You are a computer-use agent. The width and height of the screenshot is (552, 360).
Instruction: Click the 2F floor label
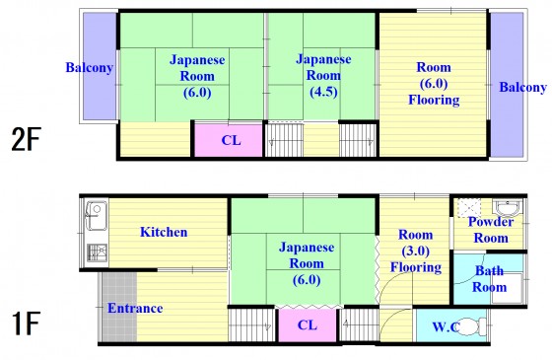[x=27, y=139]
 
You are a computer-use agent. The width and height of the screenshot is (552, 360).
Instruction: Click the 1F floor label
[x=26, y=324]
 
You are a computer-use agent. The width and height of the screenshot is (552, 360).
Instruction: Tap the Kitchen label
[x=164, y=232]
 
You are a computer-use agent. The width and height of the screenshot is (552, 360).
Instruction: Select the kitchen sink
[x=97, y=216]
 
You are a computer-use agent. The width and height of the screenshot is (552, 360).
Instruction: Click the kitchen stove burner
[x=97, y=252]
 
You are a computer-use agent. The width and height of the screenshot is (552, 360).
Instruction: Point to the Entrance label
[x=135, y=308]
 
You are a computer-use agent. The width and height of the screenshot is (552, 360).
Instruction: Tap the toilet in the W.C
[x=472, y=326]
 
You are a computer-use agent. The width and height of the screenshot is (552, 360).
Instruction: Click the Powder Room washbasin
[x=507, y=207]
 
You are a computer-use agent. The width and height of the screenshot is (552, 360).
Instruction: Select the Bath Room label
[x=489, y=279]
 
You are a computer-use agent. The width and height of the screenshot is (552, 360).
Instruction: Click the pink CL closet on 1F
[x=308, y=325]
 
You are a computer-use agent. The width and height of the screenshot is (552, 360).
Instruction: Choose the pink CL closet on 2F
[x=229, y=140]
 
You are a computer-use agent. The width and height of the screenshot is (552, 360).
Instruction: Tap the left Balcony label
[x=90, y=67]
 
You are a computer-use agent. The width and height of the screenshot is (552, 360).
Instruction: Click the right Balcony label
[x=523, y=87]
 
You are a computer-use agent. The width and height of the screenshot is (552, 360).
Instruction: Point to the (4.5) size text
[x=323, y=92]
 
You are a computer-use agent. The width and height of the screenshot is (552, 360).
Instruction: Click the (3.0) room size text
[x=415, y=252]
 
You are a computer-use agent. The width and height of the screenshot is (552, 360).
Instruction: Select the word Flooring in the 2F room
[x=434, y=100]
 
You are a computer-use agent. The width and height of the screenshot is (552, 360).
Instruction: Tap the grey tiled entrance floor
[x=119, y=307]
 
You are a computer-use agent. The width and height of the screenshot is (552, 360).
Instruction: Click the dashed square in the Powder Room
[x=469, y=208]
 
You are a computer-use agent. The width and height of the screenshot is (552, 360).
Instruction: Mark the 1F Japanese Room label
[x=307, y=263]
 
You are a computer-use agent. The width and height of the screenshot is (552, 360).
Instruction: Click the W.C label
[x=446, y=326]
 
